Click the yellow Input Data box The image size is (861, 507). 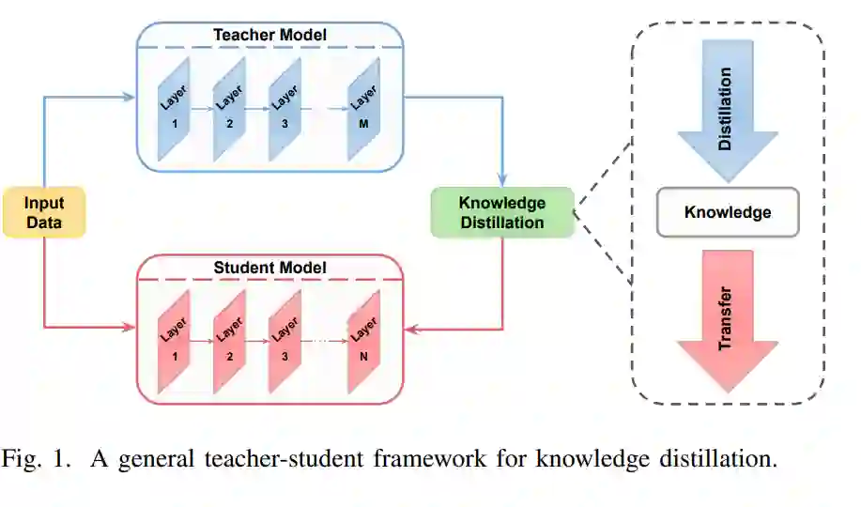(x=44, y=212)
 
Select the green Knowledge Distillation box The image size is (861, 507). (x=501, y=212)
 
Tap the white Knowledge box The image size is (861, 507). (x=728, y=212)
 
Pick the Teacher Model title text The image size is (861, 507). (x=269, y=36)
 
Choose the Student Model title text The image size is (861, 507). (x=269, y=269)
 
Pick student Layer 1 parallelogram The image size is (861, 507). (x=174, y=341)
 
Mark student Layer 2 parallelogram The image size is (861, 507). (x=228, y=341)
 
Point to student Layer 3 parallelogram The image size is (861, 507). (x=284, y=341)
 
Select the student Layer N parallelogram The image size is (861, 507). (x=362, y=341)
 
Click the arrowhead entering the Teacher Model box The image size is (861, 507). (x=130, y=96)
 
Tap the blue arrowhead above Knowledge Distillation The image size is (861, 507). (x=503, y=181)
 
